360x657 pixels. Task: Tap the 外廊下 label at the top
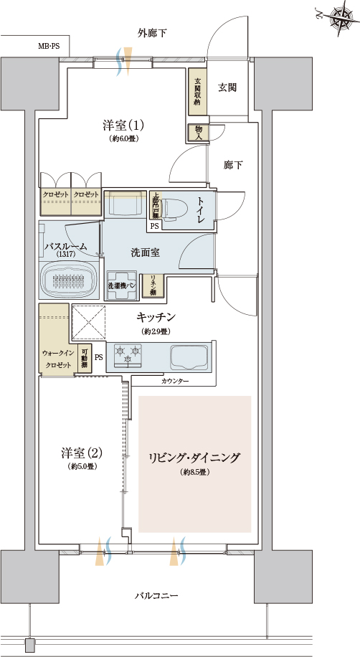tap(152, 33)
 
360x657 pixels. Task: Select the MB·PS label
tap(49, 46)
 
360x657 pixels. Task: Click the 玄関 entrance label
tap(227, 87)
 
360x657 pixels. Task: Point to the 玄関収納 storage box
tap(197, 90)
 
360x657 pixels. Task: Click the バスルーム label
tap(65, 246)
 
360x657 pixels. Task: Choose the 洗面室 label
tap(145, 252)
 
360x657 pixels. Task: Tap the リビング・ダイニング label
tap(194, 457)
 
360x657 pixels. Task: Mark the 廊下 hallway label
tap(233, 165)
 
